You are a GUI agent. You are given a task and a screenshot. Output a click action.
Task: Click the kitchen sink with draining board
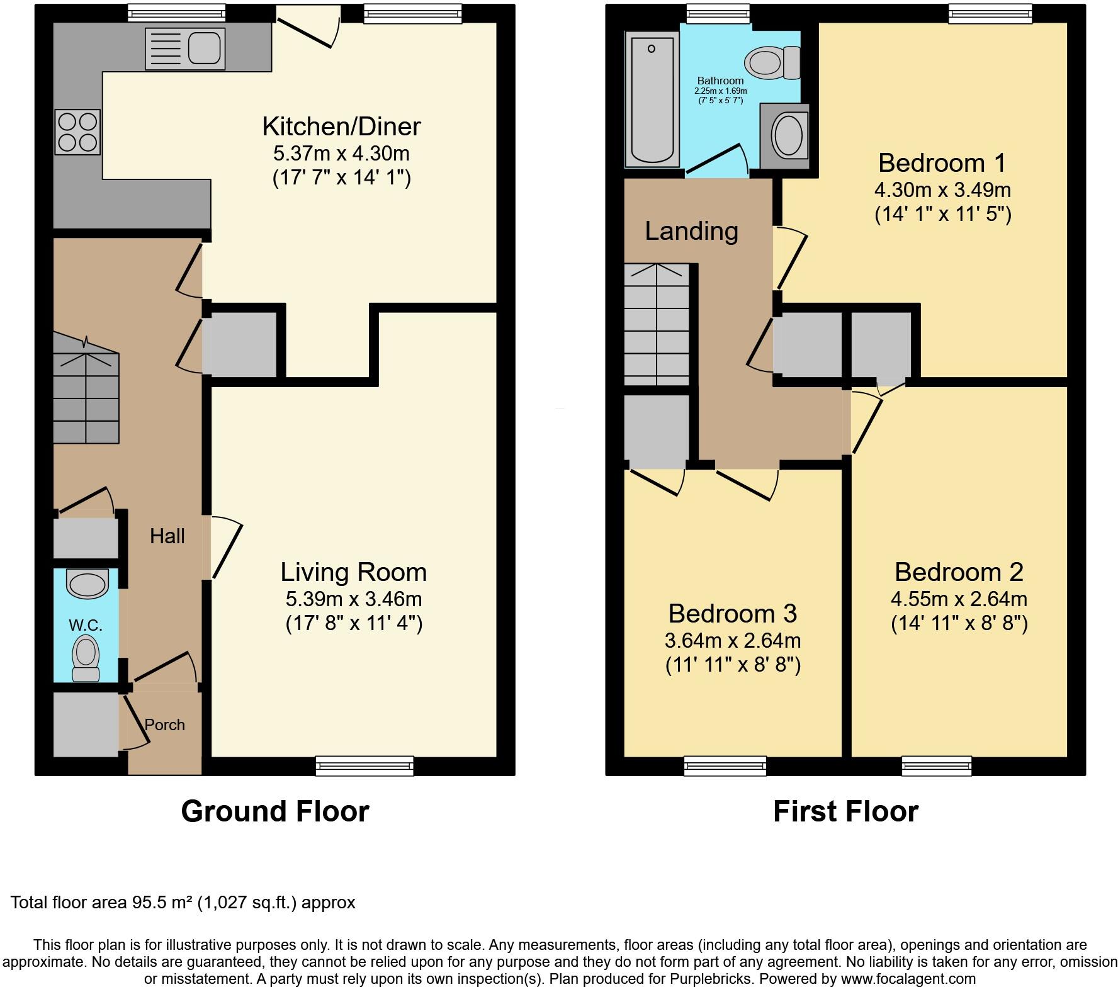point(184,48)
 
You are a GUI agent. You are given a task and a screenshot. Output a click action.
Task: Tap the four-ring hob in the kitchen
point(78,132)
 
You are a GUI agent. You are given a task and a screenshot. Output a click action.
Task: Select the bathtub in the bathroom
point(652,99)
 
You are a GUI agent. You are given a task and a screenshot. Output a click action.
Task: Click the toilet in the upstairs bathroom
point(771,62)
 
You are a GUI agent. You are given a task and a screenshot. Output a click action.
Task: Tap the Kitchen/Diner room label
point(341,127)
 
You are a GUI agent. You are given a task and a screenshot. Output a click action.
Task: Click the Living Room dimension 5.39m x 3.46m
point(354,599)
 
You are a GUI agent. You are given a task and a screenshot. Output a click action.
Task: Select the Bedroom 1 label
point(942,163)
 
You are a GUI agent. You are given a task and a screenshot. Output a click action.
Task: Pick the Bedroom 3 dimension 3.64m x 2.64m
point(733,641)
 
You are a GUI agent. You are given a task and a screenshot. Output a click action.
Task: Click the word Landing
point(691,231)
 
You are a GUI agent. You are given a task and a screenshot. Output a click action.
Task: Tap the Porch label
point(165,725)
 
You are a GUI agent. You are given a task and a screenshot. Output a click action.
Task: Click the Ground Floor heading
point(274,811)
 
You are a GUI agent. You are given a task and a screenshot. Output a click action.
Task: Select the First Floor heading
point(845,811)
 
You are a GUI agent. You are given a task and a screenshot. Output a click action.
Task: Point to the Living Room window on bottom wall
point(364,765)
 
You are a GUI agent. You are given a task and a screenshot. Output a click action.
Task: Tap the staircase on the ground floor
point(86,390)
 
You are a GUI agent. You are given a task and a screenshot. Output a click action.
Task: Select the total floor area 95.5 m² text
point(183,903)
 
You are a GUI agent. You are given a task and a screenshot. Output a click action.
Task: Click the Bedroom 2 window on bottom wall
point(936,765)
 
